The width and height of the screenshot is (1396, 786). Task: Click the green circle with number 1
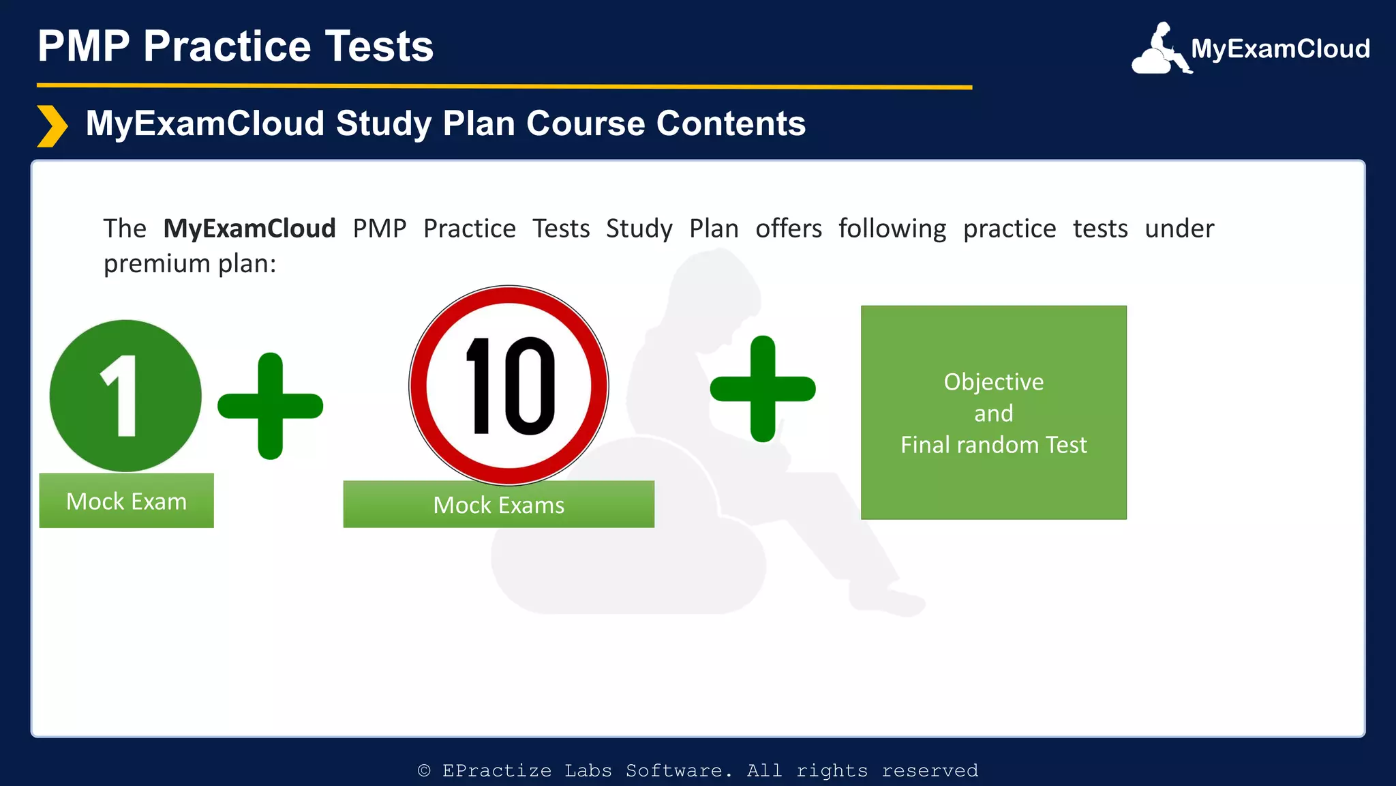[125, 396]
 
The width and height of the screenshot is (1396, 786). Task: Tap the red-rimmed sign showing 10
[509, 385]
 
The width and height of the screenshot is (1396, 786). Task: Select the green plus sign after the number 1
[271, 406]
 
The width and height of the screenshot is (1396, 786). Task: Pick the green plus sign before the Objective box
[763, 389]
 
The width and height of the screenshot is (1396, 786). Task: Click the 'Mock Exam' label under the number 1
[126, 501]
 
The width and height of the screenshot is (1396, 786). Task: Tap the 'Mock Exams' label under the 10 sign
[499, 505]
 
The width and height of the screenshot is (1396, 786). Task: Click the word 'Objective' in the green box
[993, 382]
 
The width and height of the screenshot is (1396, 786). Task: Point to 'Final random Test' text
[993, 445]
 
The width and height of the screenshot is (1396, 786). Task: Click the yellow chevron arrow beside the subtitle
[52, 126]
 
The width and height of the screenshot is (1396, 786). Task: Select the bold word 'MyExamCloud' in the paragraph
[249, 229]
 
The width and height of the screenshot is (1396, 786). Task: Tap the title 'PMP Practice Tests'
[235, 46]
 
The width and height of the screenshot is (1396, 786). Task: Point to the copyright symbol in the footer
[424, 771]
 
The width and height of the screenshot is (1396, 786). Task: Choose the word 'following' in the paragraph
[892, 229]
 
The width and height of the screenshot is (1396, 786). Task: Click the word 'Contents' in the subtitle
[731, 123]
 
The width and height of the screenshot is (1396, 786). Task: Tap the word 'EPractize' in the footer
[497, 771]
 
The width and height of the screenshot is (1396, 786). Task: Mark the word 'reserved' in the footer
[930, 771]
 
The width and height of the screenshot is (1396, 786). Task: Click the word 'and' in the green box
[993, 413]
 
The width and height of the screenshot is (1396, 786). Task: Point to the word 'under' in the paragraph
[1179, 229]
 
